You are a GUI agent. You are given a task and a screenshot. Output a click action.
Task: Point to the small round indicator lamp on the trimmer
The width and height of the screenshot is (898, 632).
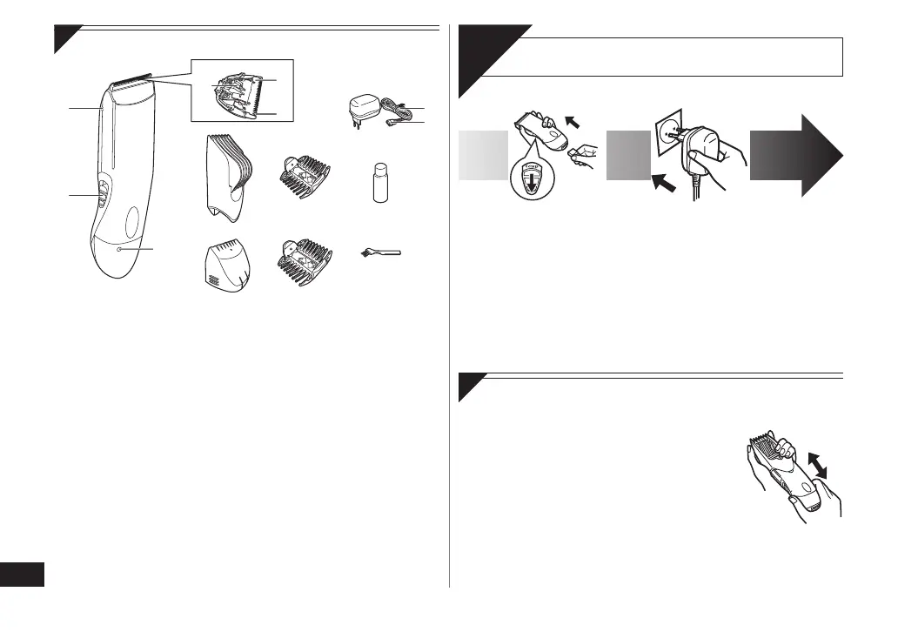tap(119, 250)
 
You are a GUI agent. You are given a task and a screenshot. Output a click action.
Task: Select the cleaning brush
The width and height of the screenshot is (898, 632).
tap(382, 252)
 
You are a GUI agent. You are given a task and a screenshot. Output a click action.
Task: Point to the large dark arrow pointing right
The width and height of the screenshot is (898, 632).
tap(794, 157)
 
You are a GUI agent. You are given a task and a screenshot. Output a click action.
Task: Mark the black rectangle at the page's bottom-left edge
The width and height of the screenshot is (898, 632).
tap(23, 575)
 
